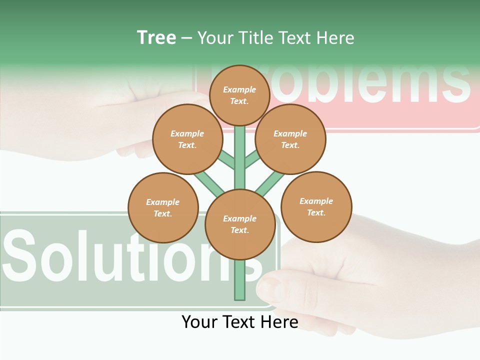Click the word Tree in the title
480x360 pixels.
point(156,38)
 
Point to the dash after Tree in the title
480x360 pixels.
point(186,38)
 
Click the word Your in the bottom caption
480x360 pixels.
point(199,322)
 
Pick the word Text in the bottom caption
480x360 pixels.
point(238,322)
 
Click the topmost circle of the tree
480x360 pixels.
point(239,95)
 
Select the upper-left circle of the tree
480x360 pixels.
point(187,139)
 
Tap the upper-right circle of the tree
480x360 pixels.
point(290,139)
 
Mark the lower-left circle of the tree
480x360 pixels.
point(163,207)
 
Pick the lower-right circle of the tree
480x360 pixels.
point(316,206)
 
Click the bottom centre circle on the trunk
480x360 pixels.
point(240,224)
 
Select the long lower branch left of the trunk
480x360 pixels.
point(207,182)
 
